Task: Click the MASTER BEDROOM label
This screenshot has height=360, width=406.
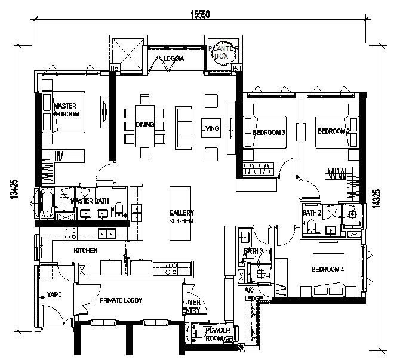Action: click(x=66, y=109)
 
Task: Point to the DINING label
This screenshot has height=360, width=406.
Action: click(x=144, y=125)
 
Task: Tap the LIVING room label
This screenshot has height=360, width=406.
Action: click(x=210, y=128)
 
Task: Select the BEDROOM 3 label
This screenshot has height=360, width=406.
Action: click(x=269, y=132)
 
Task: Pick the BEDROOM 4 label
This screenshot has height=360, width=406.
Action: click(x=328, y=269)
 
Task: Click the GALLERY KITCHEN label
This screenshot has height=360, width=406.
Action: click(x=181, y=217)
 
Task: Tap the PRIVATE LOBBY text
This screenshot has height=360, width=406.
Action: click(x=121, y=300)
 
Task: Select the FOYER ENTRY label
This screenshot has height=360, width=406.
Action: click(x=192, y=306)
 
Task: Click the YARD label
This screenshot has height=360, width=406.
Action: click(x=55, y=295)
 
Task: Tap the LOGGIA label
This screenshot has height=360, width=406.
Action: click(x=174, y=59)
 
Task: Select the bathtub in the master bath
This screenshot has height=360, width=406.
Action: click(x=47, y=203)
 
